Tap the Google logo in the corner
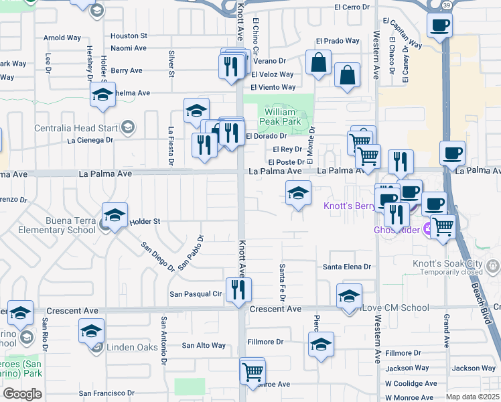pyautogui.click(x=22, y=394)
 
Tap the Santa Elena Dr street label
pyautogui.click(x=346, y=267)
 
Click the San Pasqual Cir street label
pyautogui.click(x=196, y=293)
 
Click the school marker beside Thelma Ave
pyautogui.click(x=102, y=95)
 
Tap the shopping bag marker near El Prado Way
pyautogui.click(x=319, y=63)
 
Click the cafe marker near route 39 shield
pyautogui.click(x=439, y=26)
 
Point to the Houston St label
pyautogui.click(x=129, y=36)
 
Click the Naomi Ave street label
pyautogui.click(x=129, y=48)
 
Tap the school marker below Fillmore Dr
pyautogui.click(x=321, y=345)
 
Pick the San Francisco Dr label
pyautogui.click(x=106, y=393)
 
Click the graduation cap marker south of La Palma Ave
pyautogui.click(x=298, y=194)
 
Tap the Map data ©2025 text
pyautogui.click(x=472, y=397)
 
